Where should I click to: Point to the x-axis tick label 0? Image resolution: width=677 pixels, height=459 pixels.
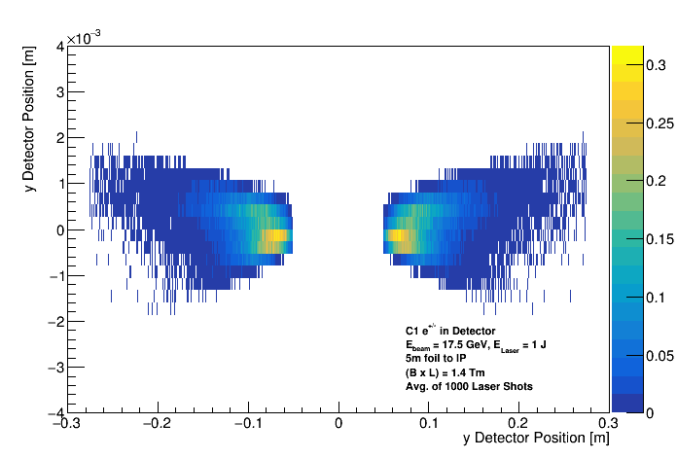tap(338, 424)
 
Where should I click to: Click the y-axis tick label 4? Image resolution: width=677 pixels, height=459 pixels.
tap(59, 46)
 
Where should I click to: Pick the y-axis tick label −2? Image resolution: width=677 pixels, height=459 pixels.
tap(55, 322)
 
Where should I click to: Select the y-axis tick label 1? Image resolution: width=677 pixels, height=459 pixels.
tap(59, 184)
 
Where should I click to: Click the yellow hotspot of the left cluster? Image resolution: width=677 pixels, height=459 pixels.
tap(278, 234)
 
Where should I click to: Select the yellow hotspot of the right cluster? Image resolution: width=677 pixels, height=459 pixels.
tap(395, 235)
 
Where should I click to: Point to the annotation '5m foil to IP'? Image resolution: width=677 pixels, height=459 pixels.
tap(437, 358)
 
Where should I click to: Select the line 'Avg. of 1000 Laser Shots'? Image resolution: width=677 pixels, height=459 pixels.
tap(469, 387)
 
